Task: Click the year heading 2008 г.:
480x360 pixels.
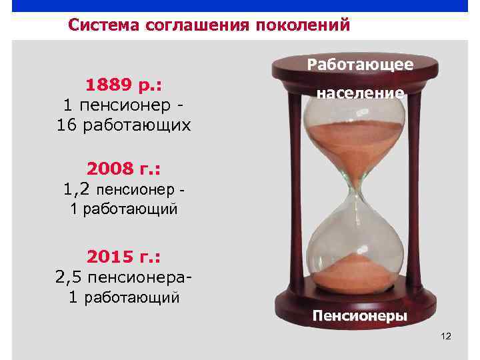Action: pos(125,167)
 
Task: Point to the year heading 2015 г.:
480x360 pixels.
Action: pos(125,256)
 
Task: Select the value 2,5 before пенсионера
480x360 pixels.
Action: pos(69,276)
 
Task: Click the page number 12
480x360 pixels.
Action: pos(446,337)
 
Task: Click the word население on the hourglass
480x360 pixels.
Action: pos(360,94)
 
